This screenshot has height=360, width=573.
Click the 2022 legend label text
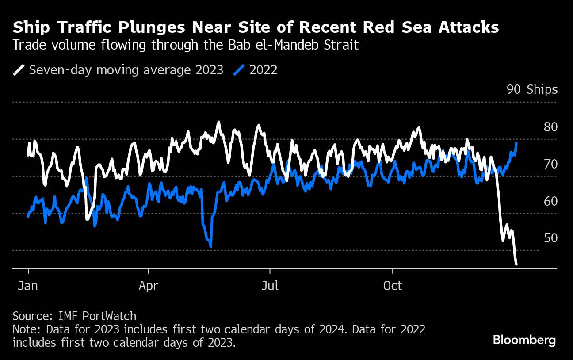[x=264, y=70]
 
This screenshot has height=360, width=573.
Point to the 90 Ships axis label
[x=532, y=90]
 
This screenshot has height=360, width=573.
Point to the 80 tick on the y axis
[x=551, y=127]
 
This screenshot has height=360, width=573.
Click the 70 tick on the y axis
[x=551, y=165]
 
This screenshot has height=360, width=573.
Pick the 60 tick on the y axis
[x=551, y=202]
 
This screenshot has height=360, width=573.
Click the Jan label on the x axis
[x=28, y=286]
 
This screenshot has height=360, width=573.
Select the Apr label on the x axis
[x=149, y=286]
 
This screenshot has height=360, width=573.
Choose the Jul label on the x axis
[x=270, y=286]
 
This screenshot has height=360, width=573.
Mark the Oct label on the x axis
[x=393, y=286]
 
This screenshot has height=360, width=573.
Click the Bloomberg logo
[x=524, y=340]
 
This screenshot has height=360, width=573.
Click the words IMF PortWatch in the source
[x=97, y=316]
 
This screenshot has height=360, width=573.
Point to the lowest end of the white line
[x=516, y=264]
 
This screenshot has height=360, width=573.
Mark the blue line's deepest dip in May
[x=210, y=247]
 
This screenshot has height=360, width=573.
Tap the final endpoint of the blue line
[x=516, y=143]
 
